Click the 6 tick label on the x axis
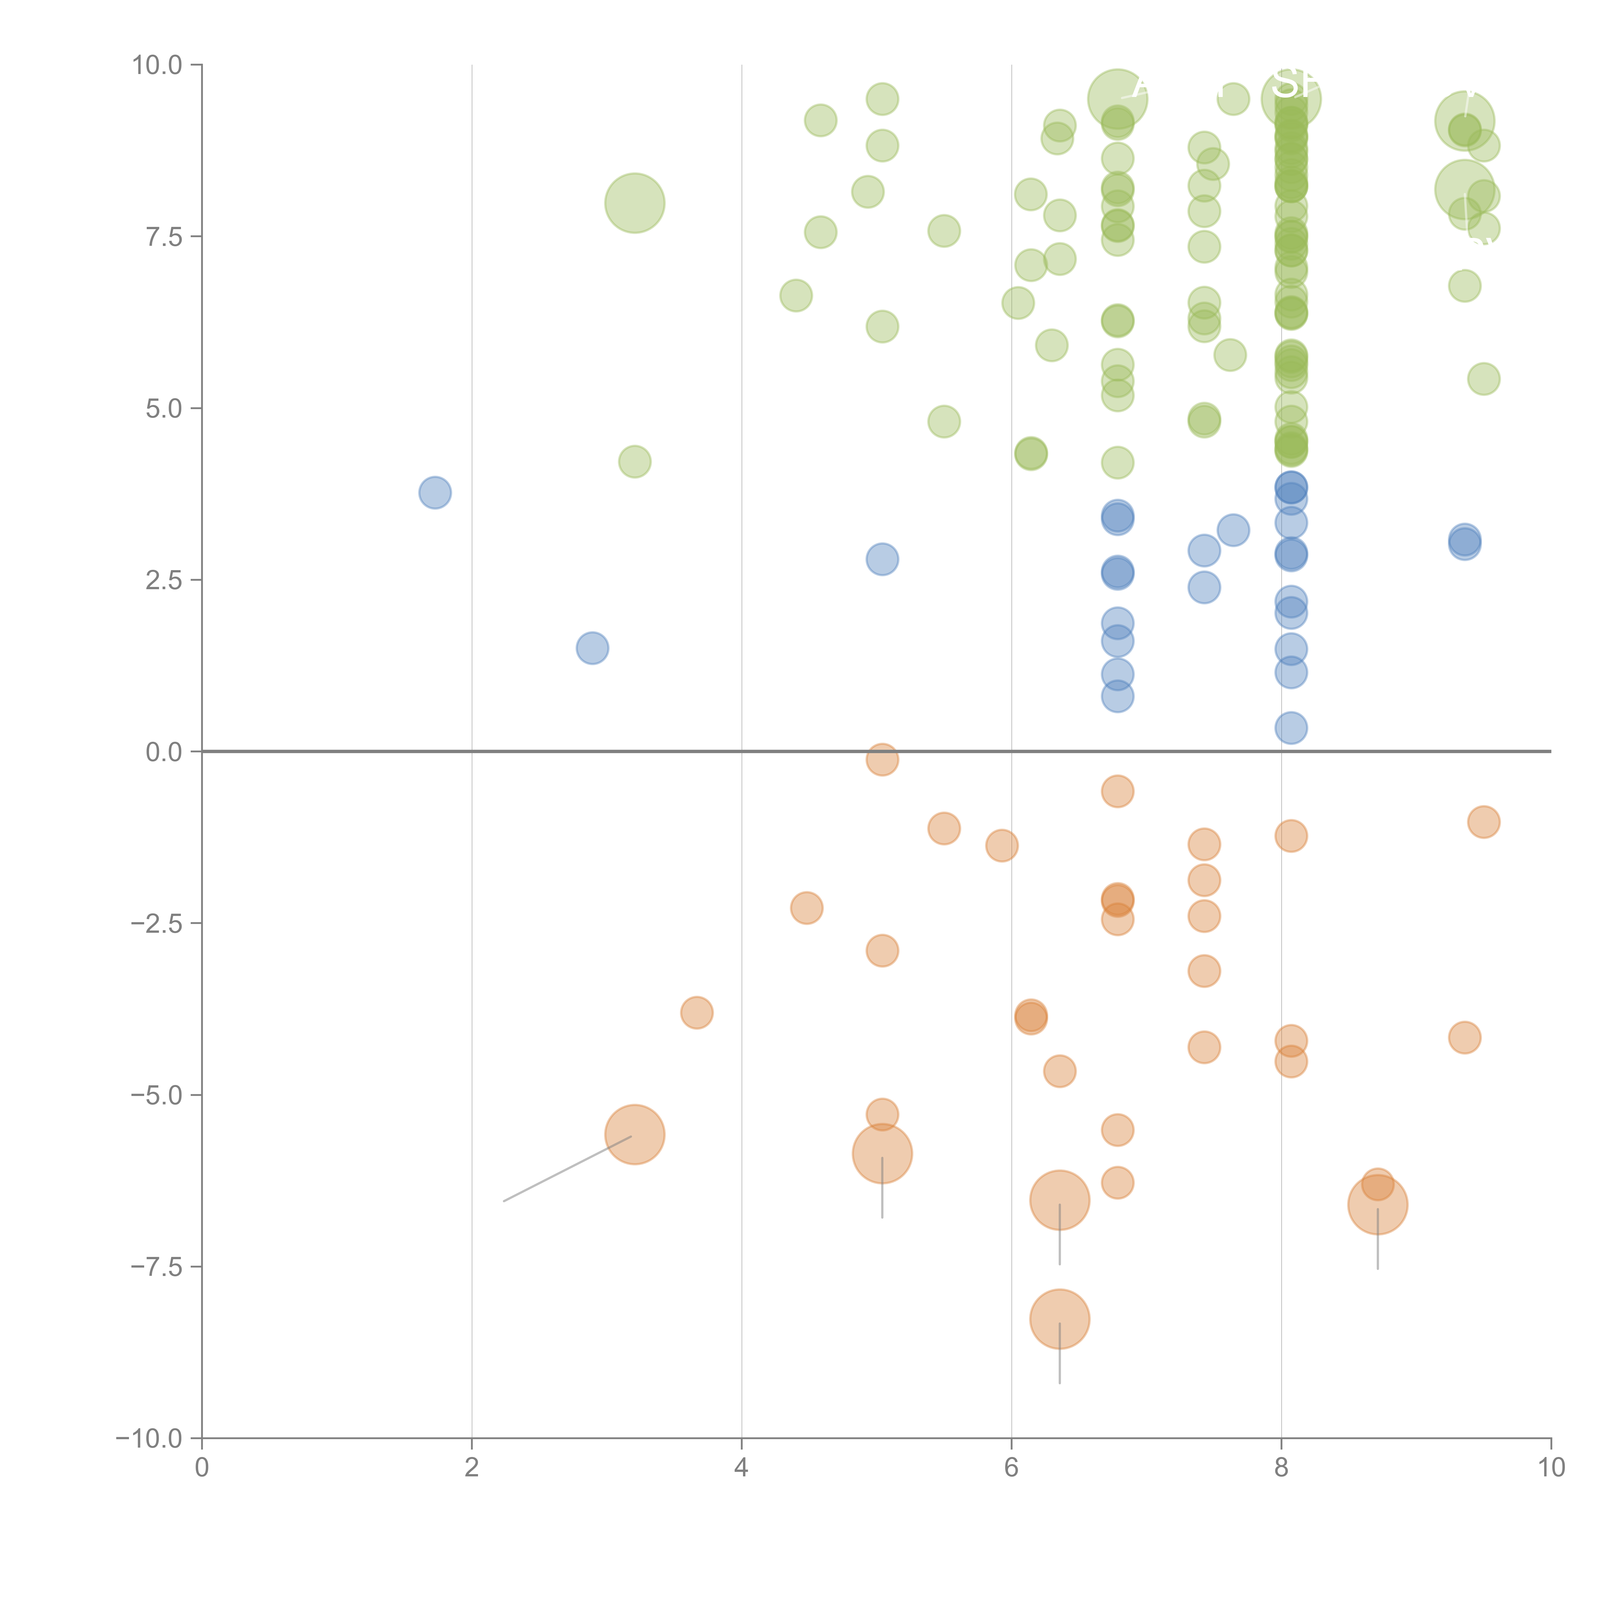[x=1011, y=1468]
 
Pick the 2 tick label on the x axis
[x=472, y=1468]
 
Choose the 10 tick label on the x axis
[x=1551, y=1468]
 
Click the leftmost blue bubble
[x=435, y=493]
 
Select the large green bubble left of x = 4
[x=635, y=203]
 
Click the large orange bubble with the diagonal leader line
[x=635, y=1135]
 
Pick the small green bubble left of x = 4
[x=635, y=462]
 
